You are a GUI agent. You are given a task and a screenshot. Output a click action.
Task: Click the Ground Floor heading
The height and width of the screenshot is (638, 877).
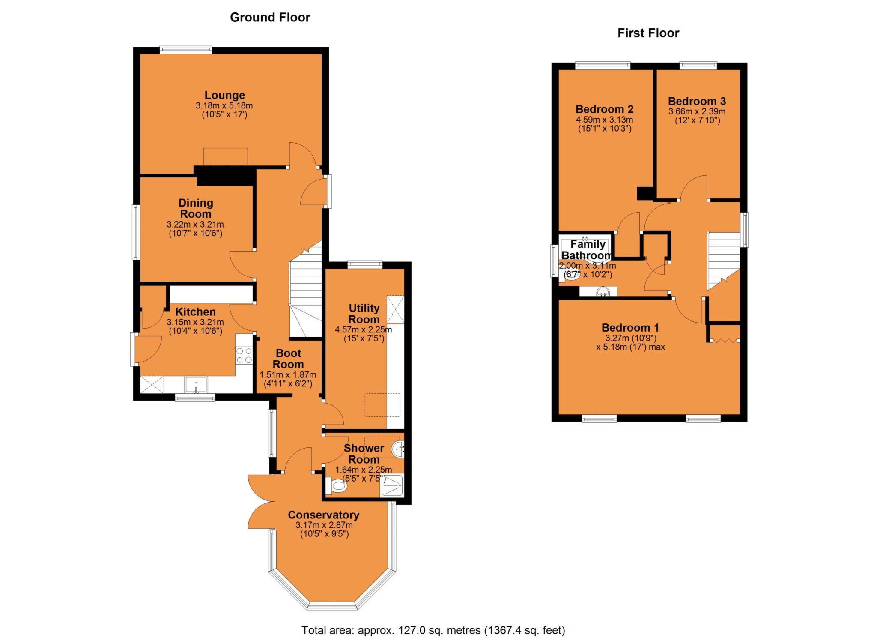click(x=270, y=18)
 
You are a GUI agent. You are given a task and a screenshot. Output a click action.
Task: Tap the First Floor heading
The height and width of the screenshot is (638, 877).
click(x=648, y=33)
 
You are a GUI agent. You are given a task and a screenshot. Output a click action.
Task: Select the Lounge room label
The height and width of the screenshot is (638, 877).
click(x=224, y=95)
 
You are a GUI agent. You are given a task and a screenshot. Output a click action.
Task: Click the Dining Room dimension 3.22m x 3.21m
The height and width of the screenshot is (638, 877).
click(x=195, y=224)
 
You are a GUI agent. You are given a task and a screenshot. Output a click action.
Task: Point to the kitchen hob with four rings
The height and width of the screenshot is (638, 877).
click(x=244, y=355)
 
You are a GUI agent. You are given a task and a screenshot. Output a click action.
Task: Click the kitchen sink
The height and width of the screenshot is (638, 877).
click(x=196, y=384)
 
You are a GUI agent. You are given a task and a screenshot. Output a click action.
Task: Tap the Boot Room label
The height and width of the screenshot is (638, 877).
click(x=288, y=359)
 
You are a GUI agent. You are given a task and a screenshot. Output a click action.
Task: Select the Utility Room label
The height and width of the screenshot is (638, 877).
click(x=364, y=314)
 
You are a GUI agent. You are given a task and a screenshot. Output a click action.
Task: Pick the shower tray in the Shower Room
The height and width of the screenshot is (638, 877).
click(x=391, y=485)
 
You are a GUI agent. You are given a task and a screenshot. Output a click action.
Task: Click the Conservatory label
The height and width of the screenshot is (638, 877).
click(x=323, y=515)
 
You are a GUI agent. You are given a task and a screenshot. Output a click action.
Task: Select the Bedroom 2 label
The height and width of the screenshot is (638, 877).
click(x=604, y=109)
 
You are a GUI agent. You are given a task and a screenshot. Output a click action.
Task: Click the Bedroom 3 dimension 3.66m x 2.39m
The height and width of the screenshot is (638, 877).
click(x=697, y=111)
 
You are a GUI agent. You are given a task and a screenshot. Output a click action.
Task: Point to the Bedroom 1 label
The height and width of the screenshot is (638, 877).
click(x=630, y=328)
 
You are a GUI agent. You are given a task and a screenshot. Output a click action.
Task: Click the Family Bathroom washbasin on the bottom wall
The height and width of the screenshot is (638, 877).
click(x=603, y=292)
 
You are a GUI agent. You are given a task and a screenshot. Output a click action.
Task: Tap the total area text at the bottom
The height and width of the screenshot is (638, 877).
click(x=433, y=630)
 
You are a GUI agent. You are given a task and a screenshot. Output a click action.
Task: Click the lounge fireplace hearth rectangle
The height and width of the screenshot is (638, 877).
click(x=226, y=156)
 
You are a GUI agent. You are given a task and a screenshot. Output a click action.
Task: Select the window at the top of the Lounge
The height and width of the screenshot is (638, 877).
click(x=186, y=50)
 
